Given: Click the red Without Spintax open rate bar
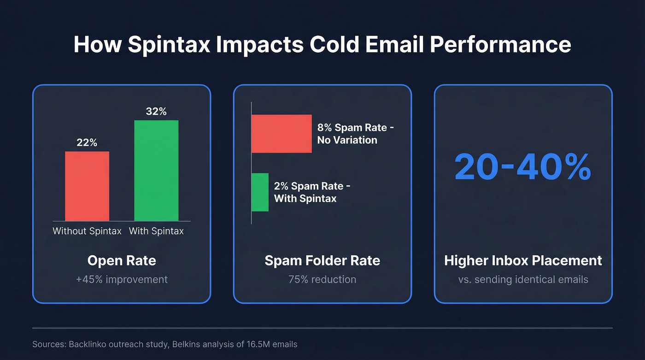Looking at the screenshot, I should pos(87,186).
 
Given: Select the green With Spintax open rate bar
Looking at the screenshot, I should pos(156,171).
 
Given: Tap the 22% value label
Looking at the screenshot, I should pos(87,143).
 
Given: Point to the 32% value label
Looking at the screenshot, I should pos(156,112).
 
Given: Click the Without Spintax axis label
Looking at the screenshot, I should pos(87,231).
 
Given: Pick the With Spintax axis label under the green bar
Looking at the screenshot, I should pos(156,231).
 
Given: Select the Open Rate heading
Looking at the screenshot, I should pos(122,260).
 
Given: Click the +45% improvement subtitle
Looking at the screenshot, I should pos(122,279).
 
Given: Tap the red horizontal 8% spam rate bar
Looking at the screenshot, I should pos(281,134).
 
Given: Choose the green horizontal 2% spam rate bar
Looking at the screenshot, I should pos(260,192).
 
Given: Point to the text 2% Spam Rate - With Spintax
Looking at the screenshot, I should pos(312,192).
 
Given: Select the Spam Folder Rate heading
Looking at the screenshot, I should pos(322,260).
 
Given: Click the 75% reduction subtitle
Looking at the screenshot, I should pos(322,279).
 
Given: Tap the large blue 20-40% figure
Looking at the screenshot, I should pos(523,167).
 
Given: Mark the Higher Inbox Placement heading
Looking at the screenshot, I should pos(523,260).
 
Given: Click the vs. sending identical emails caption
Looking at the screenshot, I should pos(523,279).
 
